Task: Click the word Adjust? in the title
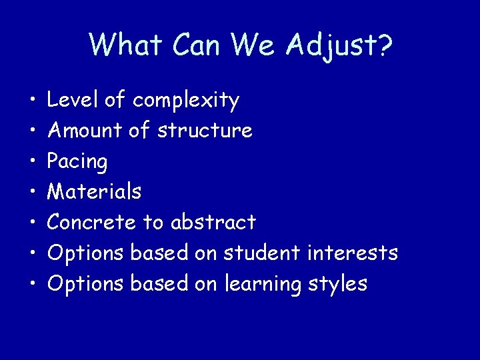click(339, 45)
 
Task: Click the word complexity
click(185, 101)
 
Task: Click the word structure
click(205, 130)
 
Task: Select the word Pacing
click(77, 162)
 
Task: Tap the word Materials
click(95, 191)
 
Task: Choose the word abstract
click(213, 222)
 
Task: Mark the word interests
click(353, 253)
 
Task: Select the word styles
click(338, 284)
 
